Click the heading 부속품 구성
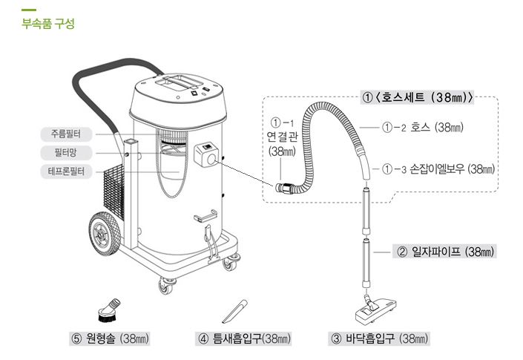pyautogui.click(x=48, y=24)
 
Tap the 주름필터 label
pyautogui.click(x=66, y=134)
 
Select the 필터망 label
pyautogui.click(x=66, y=153)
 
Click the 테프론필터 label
pyautogui.click(x=66, y=171)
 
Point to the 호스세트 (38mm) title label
pyautogui.click(x=417, y=97)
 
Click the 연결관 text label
pyautogui.click(x=282, y=137)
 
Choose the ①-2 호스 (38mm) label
pyautogui.click(x=423, y=127)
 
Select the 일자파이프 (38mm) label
pyautogui.click(x=444, y=251)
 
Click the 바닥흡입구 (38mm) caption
pyautogui.click(x=379, y=338)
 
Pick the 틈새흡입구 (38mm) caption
pyautogui.click(x=243, y=338)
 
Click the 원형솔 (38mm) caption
pyautogui.click(x=110, y=338)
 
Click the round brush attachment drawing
pyautogui.click(x=109, y=310)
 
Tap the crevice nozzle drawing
pyautogui.click(x=235, y=311)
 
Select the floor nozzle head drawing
pyautogui.click(x=375, y=310)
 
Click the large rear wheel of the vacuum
pyautogui.click(x=104, y=233)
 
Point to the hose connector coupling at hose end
pyautogui.click(x=283, y=188)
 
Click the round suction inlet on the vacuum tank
pyautogui.click(x=211, y=160)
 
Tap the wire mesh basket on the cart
pyautogui.click(x=114, y=192)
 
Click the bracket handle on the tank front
pyautogui.click(x=205, y=216)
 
